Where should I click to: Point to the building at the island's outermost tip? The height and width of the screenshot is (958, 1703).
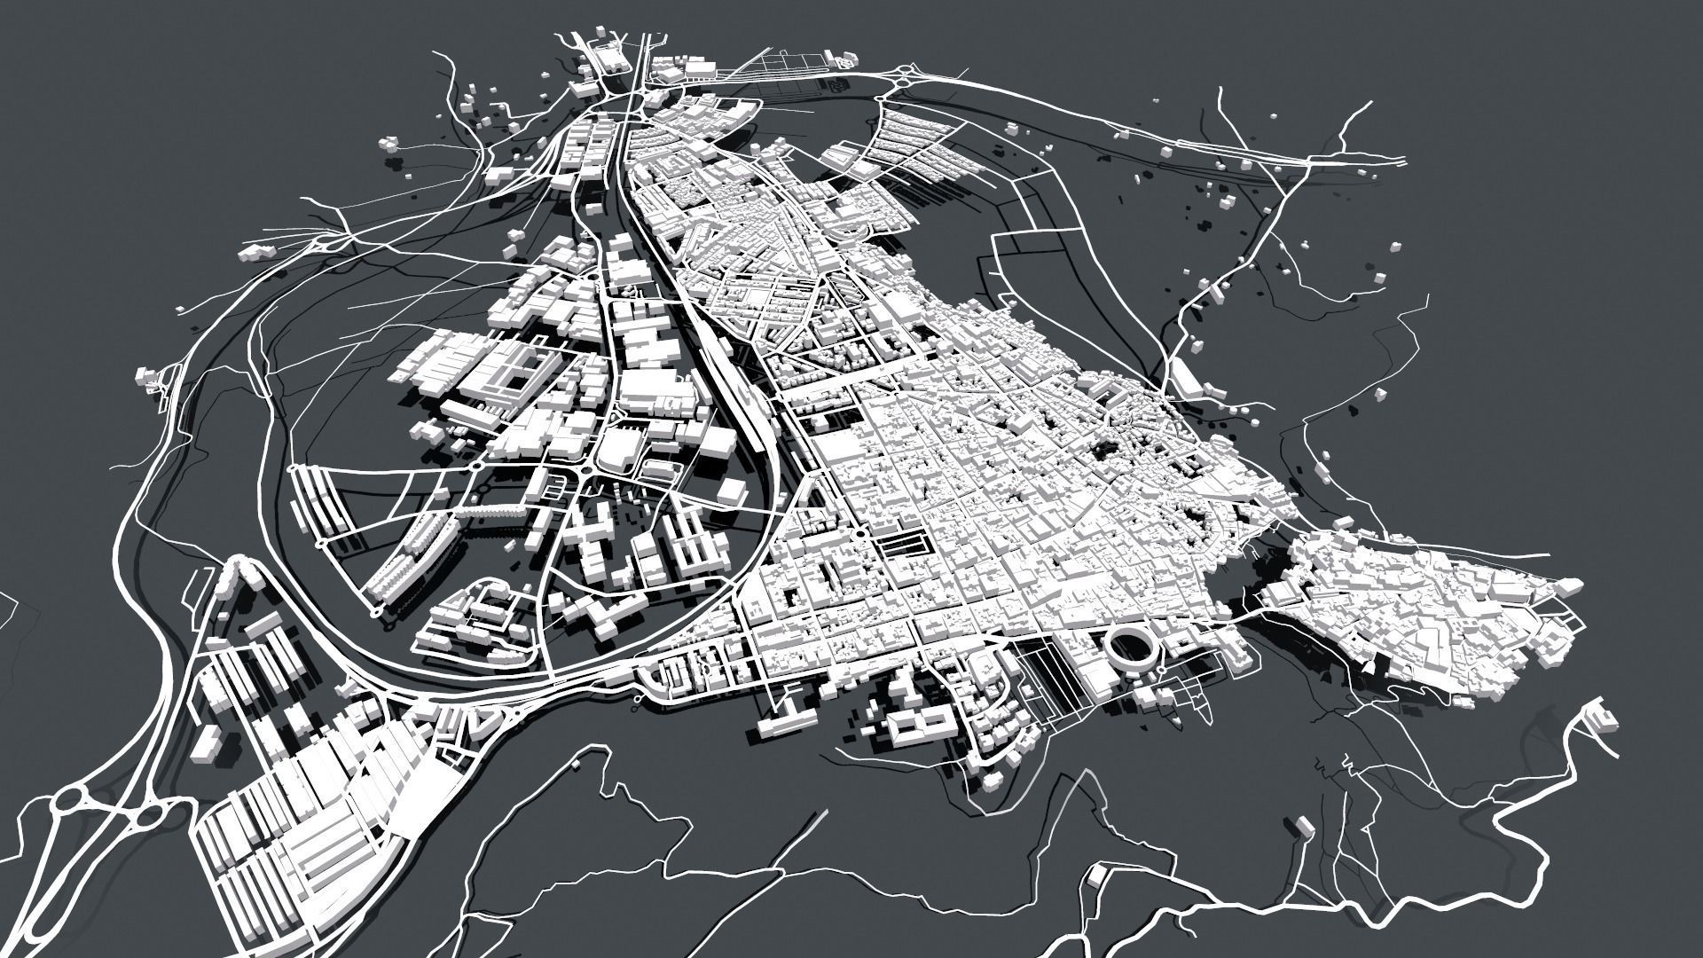[x=1570, y=586]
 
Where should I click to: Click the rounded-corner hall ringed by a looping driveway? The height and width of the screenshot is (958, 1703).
[x=618, y=450]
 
